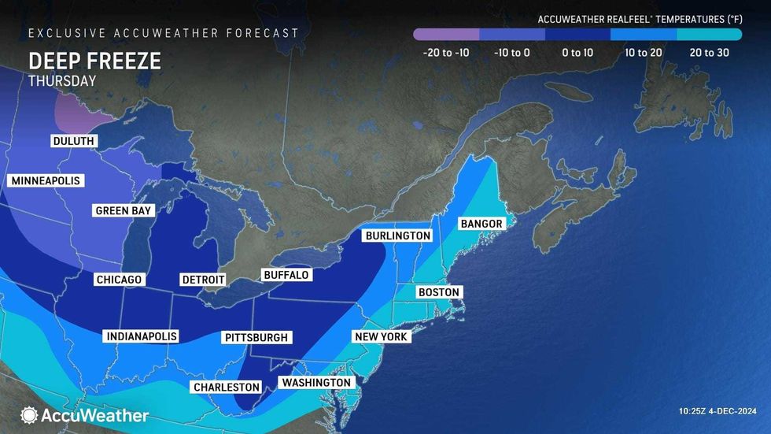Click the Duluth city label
coord(74,141)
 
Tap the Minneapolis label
coord(46,181)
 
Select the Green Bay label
coord(124,211)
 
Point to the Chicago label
coord(119,280)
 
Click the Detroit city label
coord(203,280)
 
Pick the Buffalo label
coord(286,275)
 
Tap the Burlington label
coord(397,236)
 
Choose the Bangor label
coord(481,224)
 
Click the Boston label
coord(438,292)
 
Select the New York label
coord(381,337)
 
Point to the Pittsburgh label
coord(257,338)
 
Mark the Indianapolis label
coord(142,337)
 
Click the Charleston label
coord(226,387)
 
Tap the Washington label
coord(315,383)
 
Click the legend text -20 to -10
coord(446,53)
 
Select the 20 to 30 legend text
coord(709,53)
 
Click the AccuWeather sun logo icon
coord(30,415)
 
